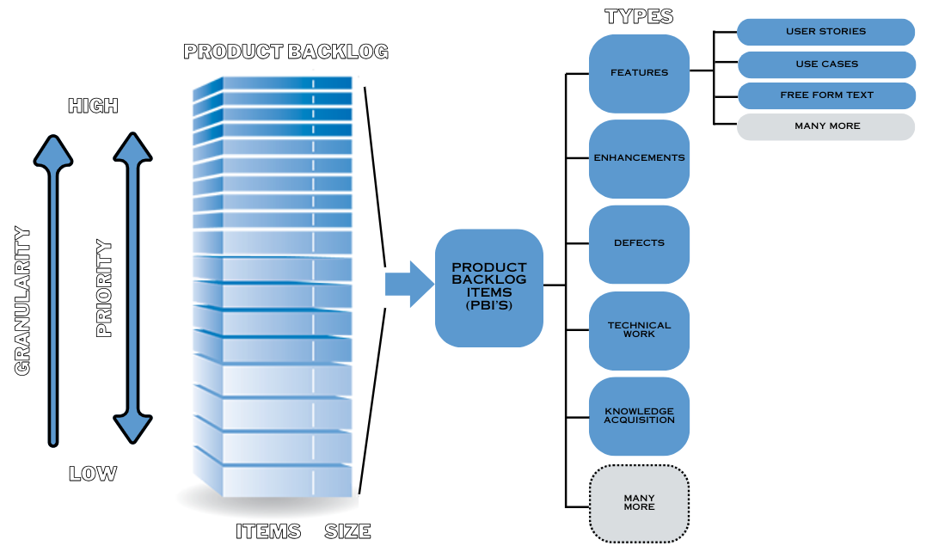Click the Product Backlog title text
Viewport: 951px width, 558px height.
point(286,52)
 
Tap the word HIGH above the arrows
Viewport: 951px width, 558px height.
point(93,106)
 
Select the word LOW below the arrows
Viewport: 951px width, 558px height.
point(93,474)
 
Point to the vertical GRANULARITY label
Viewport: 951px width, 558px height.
point(23,301)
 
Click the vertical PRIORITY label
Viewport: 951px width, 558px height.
point(104,289)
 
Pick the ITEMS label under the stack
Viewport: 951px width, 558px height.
point(268,531)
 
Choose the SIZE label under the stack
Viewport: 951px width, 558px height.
point(347,531)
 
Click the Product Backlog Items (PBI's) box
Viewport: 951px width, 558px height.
point(488,287)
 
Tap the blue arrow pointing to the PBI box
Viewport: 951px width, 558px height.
point(408,284)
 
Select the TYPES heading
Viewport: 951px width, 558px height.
point(639,16)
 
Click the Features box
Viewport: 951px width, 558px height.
point(639,73)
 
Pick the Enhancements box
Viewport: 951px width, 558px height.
point(639,158)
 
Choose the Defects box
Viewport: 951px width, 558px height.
point(639,243)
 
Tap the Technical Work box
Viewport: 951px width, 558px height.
point(639,330)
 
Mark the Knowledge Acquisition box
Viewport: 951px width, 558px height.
point(639,415)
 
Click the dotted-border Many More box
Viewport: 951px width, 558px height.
point(639,502)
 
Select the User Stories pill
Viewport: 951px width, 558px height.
point(825,32)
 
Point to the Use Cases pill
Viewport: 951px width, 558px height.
point(825,64)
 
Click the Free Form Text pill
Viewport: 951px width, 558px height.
point(825,95)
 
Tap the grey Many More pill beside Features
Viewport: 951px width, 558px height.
point(825,126)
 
